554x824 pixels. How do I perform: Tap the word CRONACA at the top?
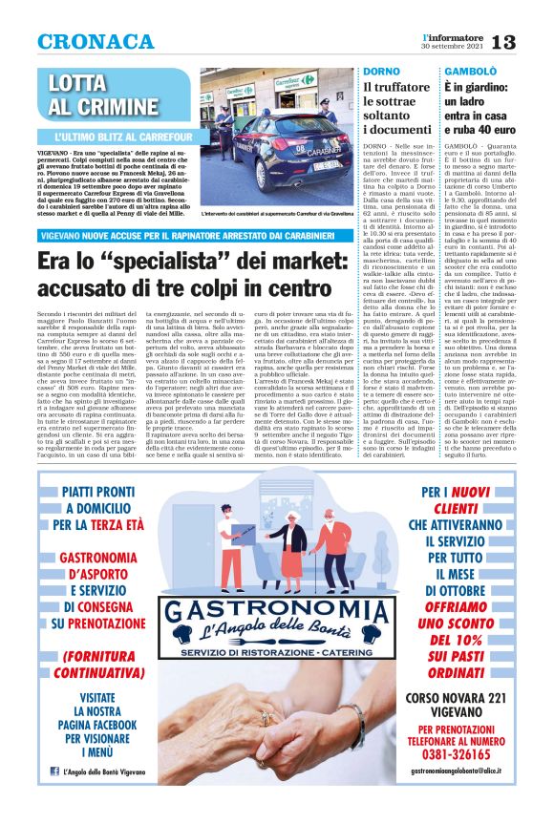coord(96,42)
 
